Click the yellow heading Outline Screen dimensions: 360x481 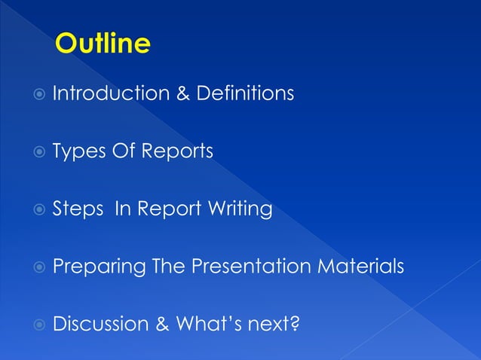click(103, 44)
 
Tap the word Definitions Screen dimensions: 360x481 click(245, 94)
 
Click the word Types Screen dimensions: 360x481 click(78, 152)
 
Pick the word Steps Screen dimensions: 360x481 click(78, 209)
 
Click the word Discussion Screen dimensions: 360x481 click(100, 324)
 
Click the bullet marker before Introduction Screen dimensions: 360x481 click(38, 95)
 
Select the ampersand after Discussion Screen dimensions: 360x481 click(162, 325)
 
